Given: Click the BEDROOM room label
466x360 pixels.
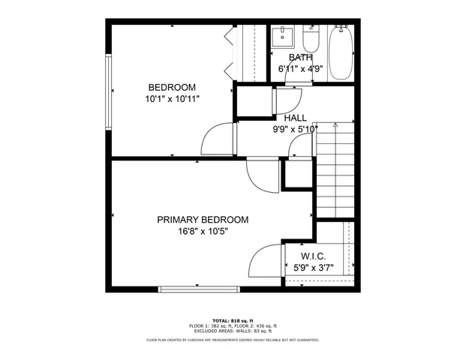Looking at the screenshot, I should click(172, 85).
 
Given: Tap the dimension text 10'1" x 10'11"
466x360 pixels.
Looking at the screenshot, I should click(172, 98).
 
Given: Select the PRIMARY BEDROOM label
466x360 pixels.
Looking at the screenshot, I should click(203, 220).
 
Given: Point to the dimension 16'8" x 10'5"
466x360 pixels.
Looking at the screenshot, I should click(203, 232).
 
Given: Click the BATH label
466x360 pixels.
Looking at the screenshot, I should click(300, 57).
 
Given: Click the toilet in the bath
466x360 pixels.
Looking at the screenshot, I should click(311, 39).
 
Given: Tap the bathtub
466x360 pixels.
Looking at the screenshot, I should click(341, 52).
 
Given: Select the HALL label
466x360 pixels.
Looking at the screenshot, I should click(295, 118).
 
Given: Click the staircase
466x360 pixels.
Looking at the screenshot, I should click(335, 169).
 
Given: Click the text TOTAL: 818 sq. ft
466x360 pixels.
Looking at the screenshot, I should click(233, 320).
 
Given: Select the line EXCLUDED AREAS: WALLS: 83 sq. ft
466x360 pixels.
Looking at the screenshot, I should click(233, 331).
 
